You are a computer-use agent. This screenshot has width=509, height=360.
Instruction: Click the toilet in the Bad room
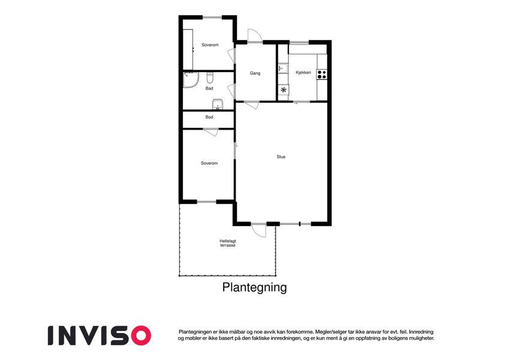click(210, 78)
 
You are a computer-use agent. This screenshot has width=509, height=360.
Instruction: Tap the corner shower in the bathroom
click(190, 80)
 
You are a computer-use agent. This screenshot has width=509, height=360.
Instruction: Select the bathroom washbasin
click(218, 104)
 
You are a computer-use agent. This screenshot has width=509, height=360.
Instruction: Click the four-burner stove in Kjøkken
click(322, 74)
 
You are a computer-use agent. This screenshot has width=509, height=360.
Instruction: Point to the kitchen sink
click(283, 68)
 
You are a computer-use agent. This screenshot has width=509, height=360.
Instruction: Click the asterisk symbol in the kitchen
click(284, 90)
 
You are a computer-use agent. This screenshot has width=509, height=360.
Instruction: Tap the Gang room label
click(255, 73)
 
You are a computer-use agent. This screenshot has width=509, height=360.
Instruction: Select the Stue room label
click(281, 157)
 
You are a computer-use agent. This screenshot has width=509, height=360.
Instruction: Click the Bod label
click(209, 117)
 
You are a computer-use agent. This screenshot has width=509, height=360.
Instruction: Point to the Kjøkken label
click(303, 73)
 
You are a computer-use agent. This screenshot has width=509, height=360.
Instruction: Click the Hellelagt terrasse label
click(228, 243)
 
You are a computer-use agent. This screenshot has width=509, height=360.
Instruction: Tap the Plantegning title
click(254, 287)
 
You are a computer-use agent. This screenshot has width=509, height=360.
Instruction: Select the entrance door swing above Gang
click(255, 35)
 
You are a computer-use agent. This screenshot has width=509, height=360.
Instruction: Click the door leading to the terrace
click(259, 230)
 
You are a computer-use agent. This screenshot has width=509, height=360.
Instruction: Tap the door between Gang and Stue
click(252, 105)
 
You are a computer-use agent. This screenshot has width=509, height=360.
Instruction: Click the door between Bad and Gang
click(231, 91)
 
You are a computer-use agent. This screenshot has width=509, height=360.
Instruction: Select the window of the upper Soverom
click(212, 17)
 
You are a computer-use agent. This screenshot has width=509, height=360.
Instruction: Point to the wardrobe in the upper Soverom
click(188, 49)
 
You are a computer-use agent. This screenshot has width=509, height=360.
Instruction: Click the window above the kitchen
click(299, 42)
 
